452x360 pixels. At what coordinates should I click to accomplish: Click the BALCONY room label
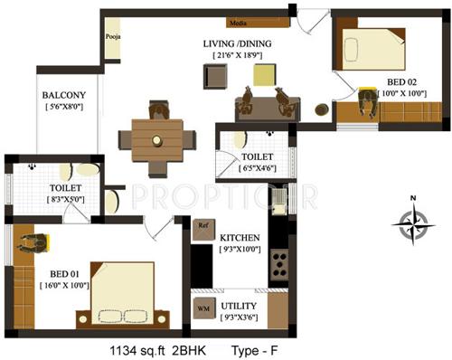coord(62,95)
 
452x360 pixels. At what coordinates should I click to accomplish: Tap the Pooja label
coord(113,38)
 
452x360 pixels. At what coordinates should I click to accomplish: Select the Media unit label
coord(238,20)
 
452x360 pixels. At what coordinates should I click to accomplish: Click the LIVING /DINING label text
coord(238,43)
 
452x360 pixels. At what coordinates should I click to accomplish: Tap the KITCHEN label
coord(240,237)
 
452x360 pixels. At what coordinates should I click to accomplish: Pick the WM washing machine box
coord(203,308)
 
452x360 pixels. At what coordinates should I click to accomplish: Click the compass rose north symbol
coord(412,219)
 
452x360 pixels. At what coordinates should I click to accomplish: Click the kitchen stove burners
coord(279,263)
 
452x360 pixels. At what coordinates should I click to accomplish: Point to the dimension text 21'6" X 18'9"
coord(238,56)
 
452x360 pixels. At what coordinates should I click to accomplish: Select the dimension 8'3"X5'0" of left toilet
coord(66,200)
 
